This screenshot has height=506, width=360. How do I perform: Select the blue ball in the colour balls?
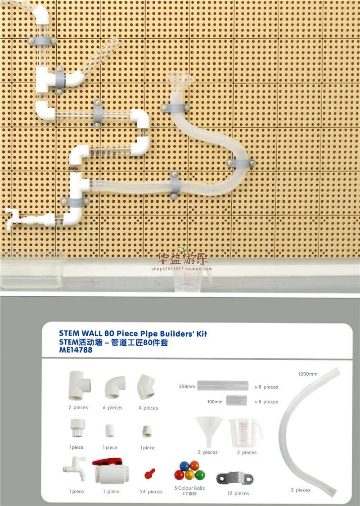click(184, 465)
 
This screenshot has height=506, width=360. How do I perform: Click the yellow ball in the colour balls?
click(189, 475)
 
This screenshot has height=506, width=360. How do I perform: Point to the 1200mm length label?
click(307, 374)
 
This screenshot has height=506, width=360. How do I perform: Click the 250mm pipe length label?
click(186, 386)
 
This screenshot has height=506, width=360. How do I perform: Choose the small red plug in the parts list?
click(149, 473)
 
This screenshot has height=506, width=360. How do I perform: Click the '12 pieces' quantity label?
click(238, 493)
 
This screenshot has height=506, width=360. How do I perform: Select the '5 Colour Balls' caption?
click(189, 488)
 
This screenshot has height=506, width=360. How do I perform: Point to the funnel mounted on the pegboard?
click(179, 84)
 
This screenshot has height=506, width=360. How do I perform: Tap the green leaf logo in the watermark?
click(182, 249)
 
